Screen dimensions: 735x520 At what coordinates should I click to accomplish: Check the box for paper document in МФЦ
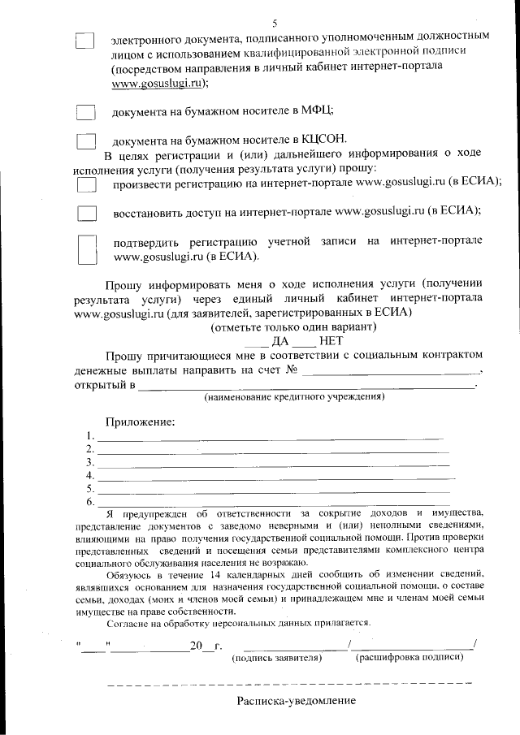click(x=85, y=111)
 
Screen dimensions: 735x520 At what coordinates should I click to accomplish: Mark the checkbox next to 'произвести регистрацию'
click(x=85, y=185)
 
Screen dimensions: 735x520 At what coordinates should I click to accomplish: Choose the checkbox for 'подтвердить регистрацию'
click(x=86, y=249)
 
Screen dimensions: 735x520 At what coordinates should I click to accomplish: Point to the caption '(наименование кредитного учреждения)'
click(x=294, y=398)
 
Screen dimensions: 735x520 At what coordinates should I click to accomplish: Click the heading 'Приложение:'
click(x=139, y=422)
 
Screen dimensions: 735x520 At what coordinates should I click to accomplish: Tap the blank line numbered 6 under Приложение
click(x=273, y=503)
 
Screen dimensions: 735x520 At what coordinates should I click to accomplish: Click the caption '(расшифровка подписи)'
click(x=410, y=656)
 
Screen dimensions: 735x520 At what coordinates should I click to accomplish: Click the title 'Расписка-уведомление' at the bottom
click(x=297, y=700)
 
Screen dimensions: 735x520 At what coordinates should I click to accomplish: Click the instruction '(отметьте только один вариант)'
click(x=293, y=327)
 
